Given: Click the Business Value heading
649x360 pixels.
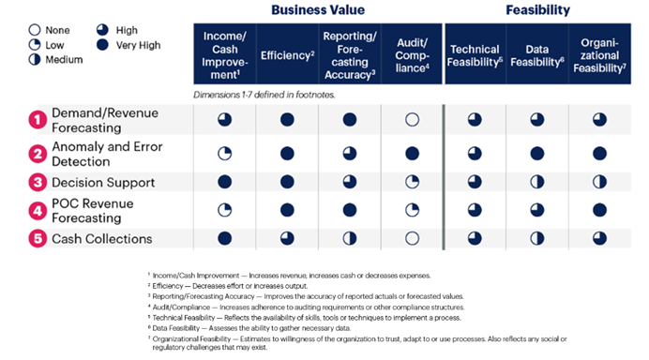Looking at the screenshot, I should pos(317,11).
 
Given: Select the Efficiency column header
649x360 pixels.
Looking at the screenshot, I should pos(287,55).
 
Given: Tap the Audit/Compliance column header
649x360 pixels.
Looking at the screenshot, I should pos(411,55).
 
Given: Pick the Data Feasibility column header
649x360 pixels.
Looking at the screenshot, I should pos(536,55).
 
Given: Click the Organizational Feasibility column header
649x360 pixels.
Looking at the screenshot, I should pos(599,55).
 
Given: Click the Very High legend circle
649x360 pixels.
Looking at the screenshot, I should pos(103,45).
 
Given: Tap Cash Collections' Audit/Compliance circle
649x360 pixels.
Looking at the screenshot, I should pos(411,238).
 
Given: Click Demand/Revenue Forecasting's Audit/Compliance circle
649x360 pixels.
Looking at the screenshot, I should pos(411,120).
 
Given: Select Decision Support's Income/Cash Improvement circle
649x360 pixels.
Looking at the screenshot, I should pos(225,182).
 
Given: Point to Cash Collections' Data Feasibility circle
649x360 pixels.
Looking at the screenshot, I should pos(536,238).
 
